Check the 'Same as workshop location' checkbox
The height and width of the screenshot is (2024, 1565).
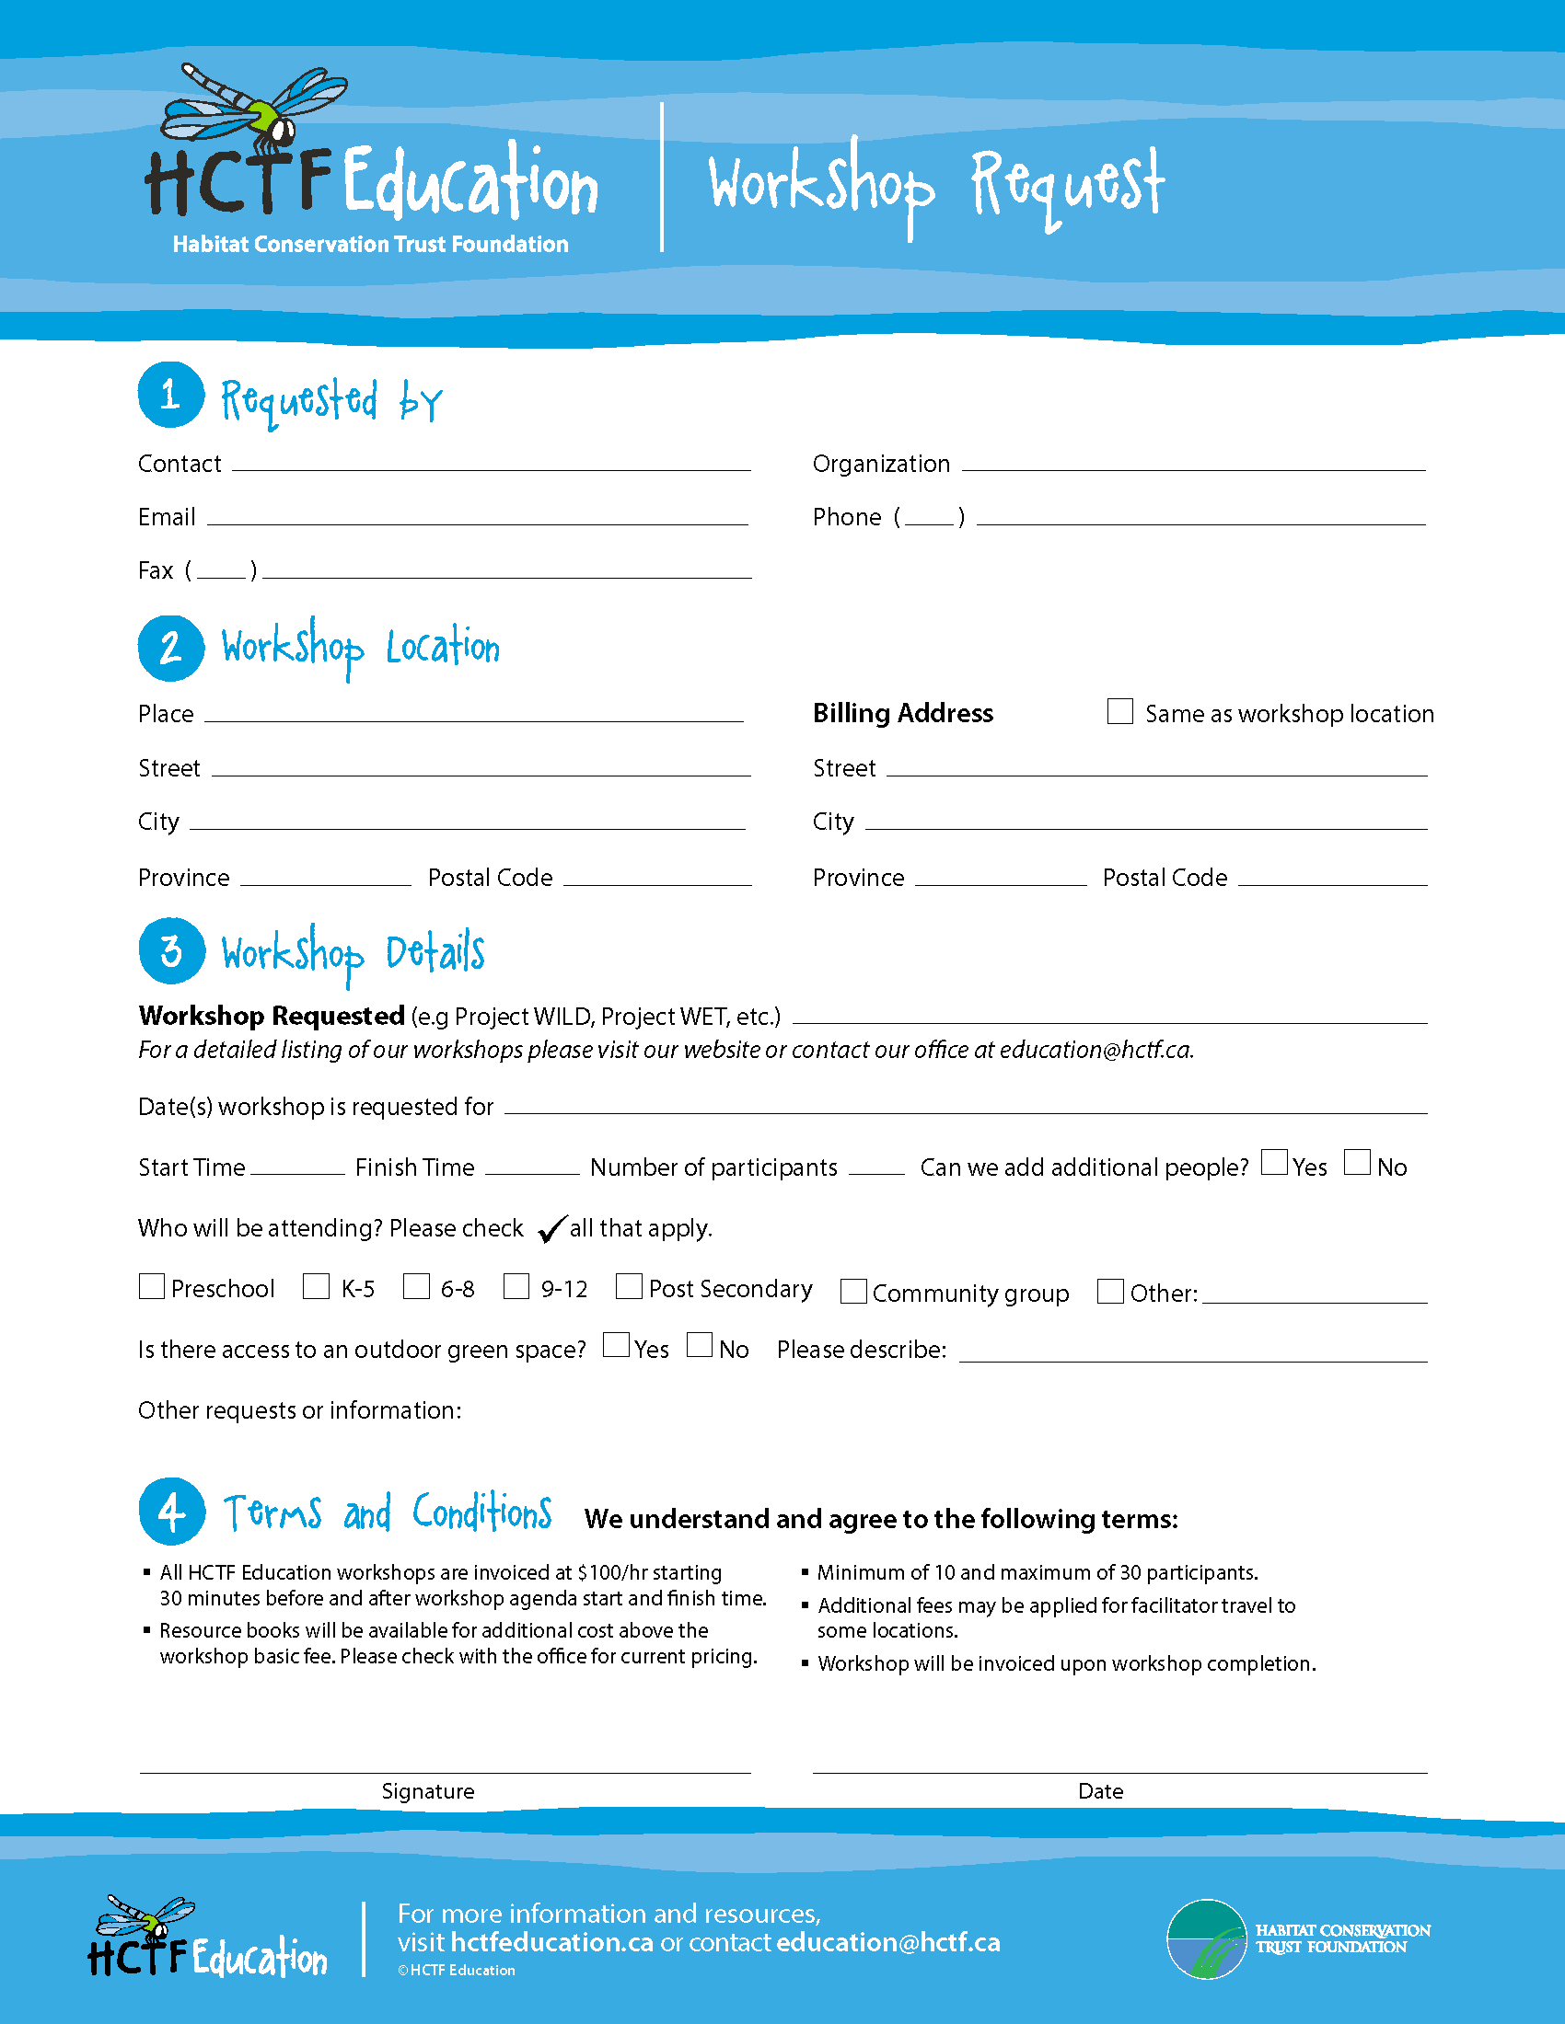1120,711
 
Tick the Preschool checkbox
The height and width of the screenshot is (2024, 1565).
151,1286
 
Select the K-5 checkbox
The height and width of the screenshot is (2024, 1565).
316,1286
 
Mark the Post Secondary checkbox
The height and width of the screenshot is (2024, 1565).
629,1286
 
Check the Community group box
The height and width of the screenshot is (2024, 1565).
853,1291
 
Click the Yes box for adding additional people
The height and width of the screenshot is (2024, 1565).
1274,1162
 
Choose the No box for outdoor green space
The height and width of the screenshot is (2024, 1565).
700,1345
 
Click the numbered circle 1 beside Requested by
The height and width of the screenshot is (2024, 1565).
170,395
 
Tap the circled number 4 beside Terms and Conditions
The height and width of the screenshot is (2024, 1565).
171,1511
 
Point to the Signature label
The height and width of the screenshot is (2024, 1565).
427,1791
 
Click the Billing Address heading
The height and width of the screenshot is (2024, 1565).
902,713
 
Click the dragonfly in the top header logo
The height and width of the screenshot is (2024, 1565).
255,107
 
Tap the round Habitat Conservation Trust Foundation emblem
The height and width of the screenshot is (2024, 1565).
1206,1938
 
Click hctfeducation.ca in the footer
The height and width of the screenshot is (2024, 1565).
551,1942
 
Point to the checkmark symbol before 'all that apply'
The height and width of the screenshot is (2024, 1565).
551,1228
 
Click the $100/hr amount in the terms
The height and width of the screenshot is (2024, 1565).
612,1572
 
